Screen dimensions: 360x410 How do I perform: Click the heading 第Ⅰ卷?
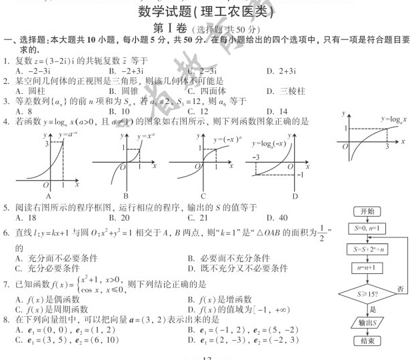(168, 29)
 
